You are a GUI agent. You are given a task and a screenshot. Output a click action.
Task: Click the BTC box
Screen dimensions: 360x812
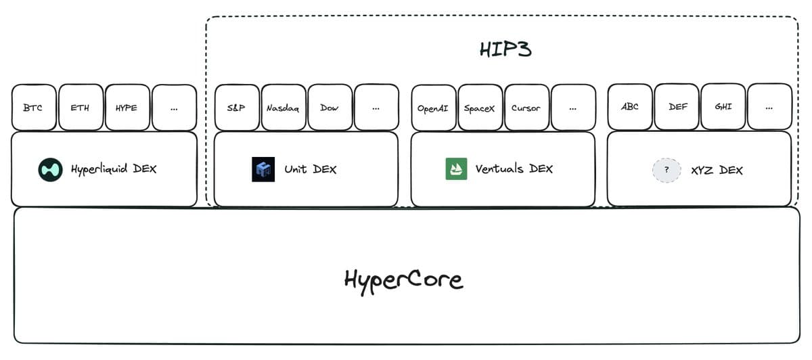(x=33, y=107)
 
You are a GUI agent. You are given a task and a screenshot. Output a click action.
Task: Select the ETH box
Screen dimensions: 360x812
(x=81, y=107)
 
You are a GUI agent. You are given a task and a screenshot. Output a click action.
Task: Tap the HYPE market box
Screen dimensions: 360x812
(x=127, y=107)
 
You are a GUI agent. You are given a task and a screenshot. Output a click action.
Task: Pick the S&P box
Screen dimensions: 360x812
(x=236, y=107)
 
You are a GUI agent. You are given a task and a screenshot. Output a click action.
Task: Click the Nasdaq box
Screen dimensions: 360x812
(x=284, y=107)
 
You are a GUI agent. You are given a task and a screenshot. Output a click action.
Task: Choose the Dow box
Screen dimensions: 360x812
(x=330, y=107)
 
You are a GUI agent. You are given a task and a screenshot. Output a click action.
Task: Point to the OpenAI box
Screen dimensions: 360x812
(x=433, y=108)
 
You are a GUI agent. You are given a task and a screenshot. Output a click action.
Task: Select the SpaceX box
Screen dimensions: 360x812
(x=480, y=108)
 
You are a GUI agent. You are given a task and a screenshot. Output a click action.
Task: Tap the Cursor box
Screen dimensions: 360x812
(x=526, y=108)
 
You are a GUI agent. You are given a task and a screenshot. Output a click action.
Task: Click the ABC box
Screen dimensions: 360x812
(x=630, y=107)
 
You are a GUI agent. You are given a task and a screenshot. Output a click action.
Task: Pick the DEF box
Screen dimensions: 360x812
(x=677, y=107)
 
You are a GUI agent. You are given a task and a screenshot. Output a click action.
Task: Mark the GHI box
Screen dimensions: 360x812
(x=723, y=107)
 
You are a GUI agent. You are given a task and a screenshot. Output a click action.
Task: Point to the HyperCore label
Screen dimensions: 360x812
(x=403, y=279)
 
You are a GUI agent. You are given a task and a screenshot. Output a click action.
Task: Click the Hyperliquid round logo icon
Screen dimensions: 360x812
(x=51, y=169)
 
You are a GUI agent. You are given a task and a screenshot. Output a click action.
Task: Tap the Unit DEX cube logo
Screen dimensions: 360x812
(x=263, y=169)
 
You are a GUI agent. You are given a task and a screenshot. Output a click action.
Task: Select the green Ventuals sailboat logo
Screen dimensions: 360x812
(x=457, y=169)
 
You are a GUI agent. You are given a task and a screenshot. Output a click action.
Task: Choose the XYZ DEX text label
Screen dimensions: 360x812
(x=717, y=171)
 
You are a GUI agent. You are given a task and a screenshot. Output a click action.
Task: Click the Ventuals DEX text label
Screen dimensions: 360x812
(x=514, y=169)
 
